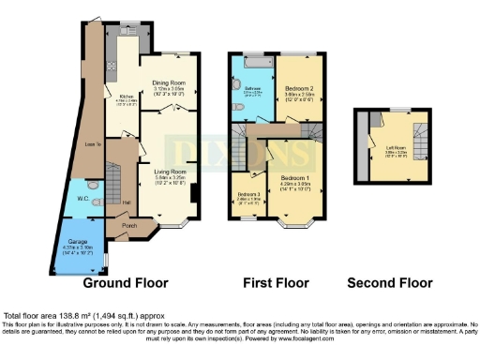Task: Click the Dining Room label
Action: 170,82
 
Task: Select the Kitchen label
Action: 125,96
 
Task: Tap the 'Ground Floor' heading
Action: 126,283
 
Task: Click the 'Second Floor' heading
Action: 390,283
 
